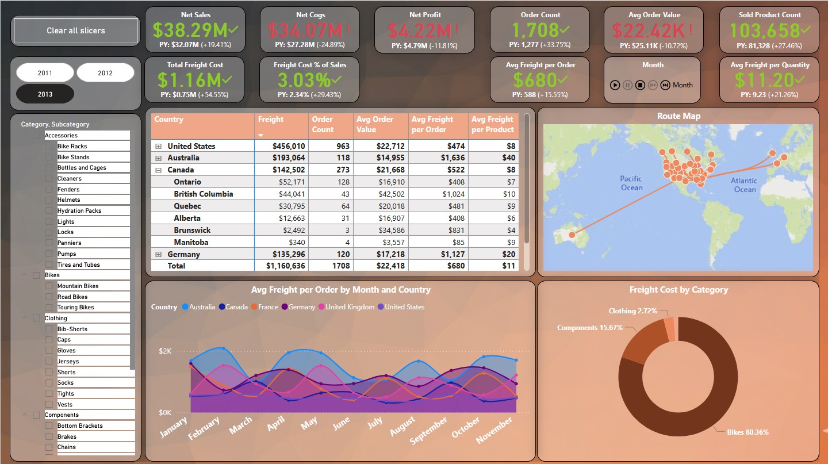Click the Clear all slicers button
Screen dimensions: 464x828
pos(76,31)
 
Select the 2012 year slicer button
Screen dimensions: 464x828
pos(105,73)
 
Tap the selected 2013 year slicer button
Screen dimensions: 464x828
pos(45,94)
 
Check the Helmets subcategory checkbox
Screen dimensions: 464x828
pos(49,200)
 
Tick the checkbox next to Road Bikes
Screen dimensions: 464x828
pos(49,297)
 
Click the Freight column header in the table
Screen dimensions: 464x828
pos(271,120)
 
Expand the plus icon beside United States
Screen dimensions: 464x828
pos(158,147)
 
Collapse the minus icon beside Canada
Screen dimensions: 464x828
pos(158,170)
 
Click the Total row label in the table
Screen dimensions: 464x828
pos(176,266)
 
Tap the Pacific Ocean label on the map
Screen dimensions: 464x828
pos(631,183)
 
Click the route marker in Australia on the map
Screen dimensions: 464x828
pos(572,235)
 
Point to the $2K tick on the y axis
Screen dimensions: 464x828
pos(165,351)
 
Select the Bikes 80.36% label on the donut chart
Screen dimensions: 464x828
pos(747,432)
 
